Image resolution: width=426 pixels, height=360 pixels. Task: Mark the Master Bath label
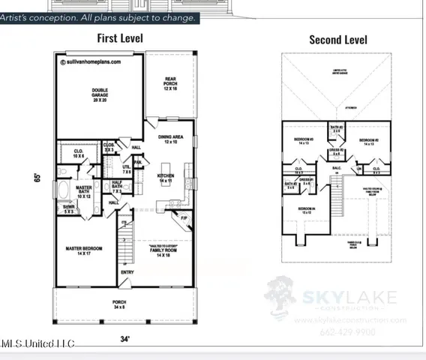pos(84,192)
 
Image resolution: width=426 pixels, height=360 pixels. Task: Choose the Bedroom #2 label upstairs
pos(367,142)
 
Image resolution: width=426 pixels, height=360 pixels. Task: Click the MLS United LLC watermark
pos(37,343)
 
